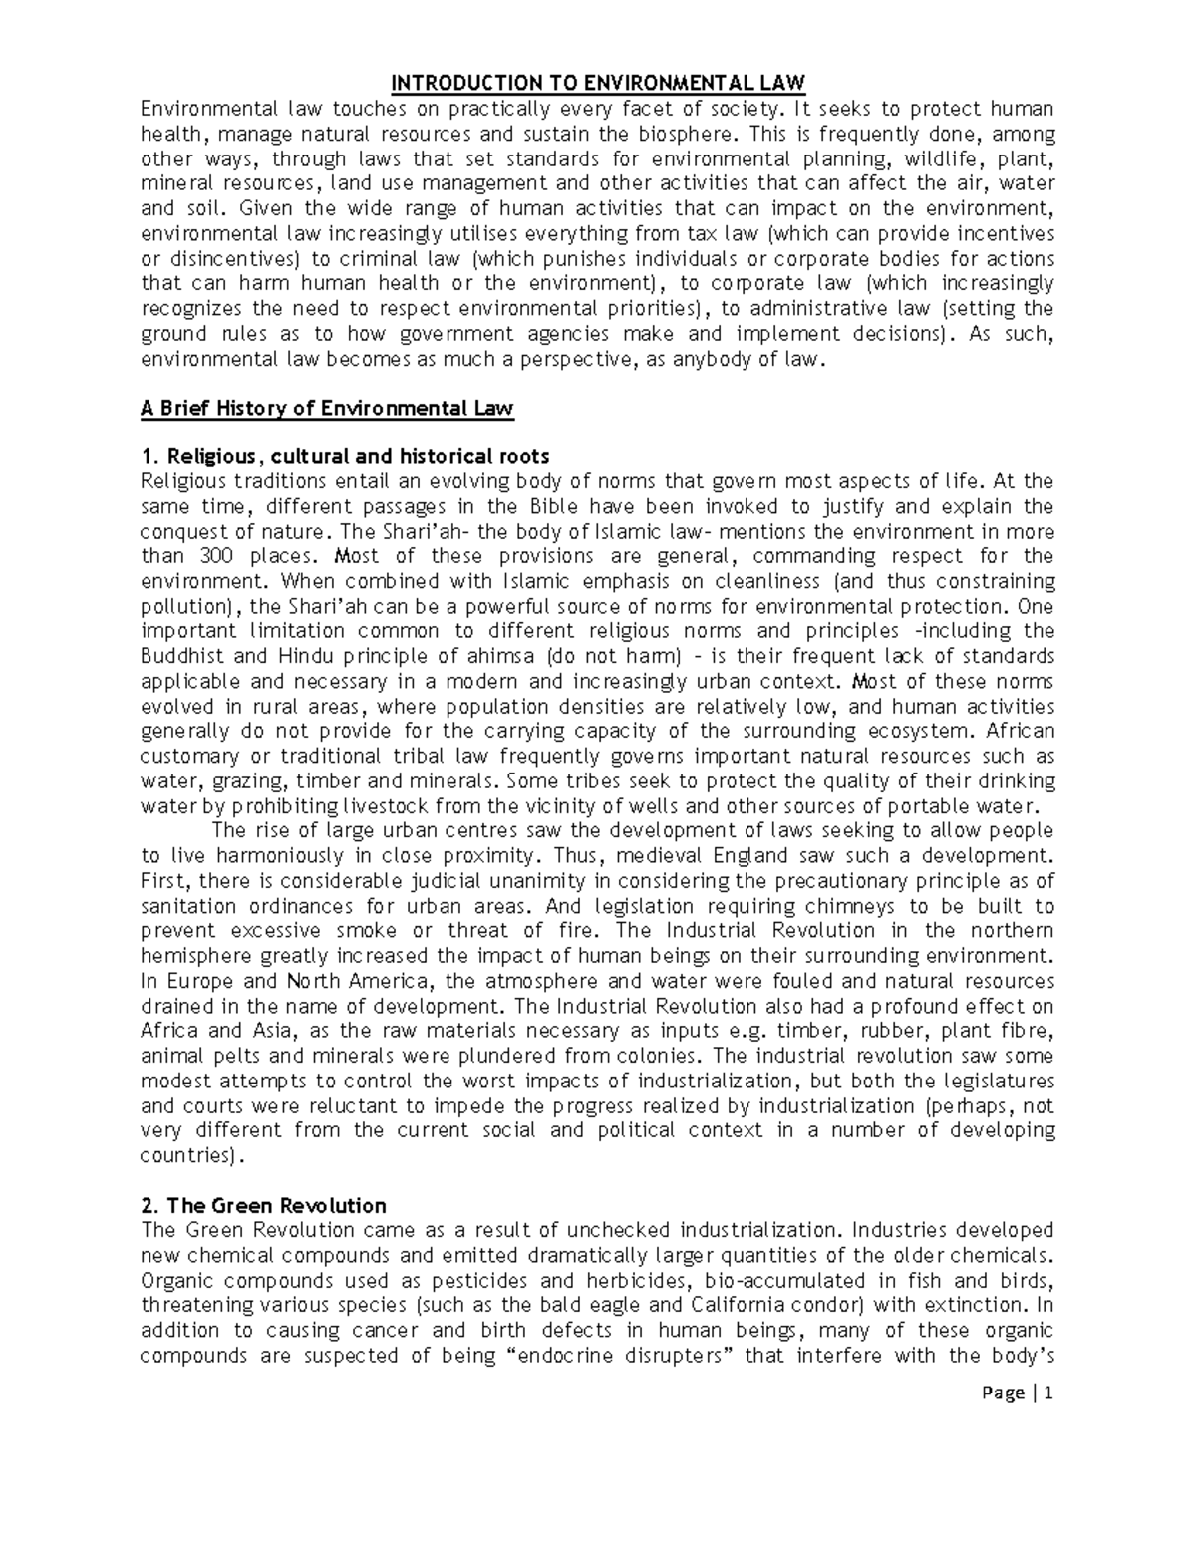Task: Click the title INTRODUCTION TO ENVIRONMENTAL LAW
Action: pyautogui.click(x=596, y=83)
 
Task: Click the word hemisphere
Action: pyautogui.click(x=192, y=956)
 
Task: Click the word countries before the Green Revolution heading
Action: pyautogui.click(x=187, y=1156)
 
